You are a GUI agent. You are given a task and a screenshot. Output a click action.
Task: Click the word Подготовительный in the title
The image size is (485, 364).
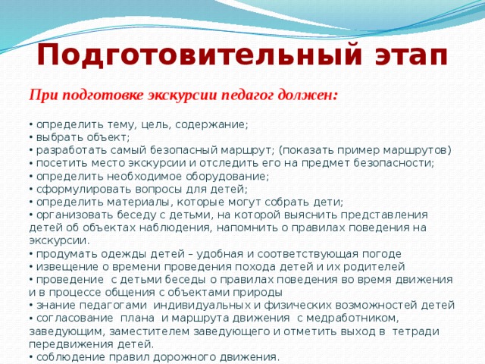click(x=199, y=56)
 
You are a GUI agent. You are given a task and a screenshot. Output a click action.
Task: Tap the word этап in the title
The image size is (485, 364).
click(x=411, y=56)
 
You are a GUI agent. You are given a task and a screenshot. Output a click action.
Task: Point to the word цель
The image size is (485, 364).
click(x=155, y=125)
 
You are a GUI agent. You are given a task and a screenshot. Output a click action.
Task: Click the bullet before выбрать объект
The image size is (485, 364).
click(x=31, y=137)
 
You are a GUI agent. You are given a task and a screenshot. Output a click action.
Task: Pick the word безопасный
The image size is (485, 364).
click(x=184, y=150)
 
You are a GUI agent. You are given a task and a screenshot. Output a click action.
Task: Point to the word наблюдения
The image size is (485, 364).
click(x=175, y=228)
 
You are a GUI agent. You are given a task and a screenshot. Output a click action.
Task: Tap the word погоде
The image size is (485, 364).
click(x=382, y=255)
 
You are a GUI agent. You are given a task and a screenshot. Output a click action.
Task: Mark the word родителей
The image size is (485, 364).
click(x=374, y=267)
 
